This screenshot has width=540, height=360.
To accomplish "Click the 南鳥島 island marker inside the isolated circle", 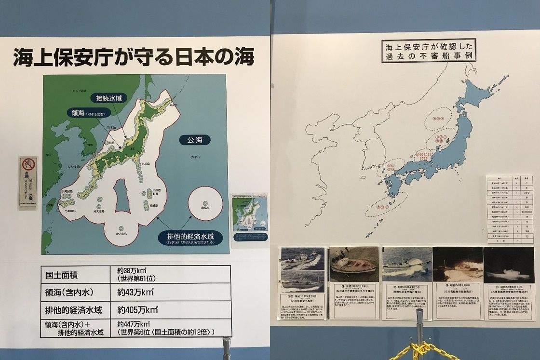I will pos(205,203).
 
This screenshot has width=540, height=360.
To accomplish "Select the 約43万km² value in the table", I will pos(138,293).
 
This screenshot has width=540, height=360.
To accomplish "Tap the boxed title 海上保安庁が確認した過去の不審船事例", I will pos(429,51).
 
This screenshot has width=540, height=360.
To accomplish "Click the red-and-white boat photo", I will pos(353,265).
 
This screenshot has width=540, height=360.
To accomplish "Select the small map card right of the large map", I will pos(248,218).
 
